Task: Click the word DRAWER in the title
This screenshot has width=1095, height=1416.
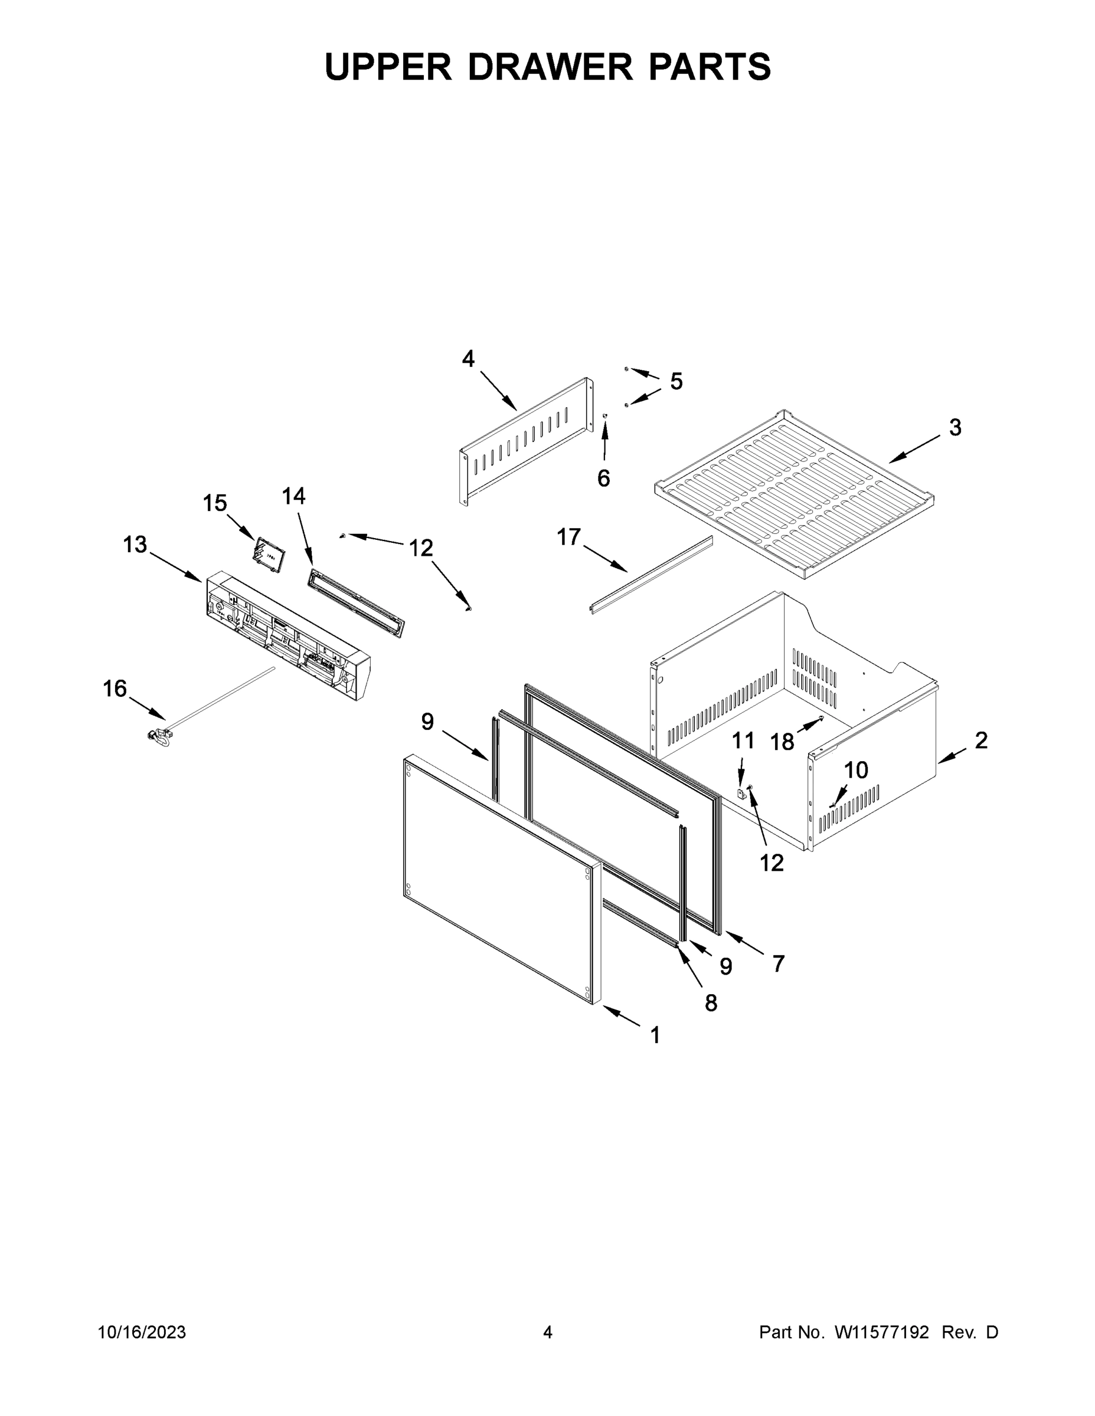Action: coord(550,67)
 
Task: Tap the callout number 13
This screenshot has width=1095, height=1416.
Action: coord(135,545)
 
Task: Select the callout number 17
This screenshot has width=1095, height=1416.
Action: coord(569,537)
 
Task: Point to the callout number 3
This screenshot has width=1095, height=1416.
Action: coord(955,427)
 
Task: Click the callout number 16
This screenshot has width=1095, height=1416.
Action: coord(115,689)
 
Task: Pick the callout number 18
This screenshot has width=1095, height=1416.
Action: coord(782,742)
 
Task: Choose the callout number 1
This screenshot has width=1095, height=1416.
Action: coord(655,1035)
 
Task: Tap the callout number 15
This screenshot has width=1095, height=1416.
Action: coord(215,503)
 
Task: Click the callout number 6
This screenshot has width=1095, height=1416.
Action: coord(603,478)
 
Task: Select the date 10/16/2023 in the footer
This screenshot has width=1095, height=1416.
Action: coord(142,1332)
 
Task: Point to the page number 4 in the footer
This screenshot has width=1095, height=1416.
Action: coord(548,1332)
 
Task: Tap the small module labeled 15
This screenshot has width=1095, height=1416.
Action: coord(269,555)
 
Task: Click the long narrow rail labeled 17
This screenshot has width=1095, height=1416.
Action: coord(651,575)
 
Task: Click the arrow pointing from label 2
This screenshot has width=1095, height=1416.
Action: coord(952,755)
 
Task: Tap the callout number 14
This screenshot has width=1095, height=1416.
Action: coord(293,496)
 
